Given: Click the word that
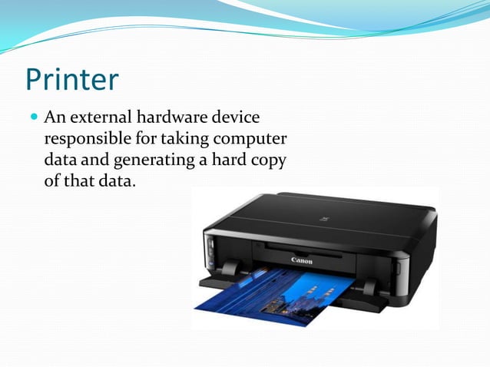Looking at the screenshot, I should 79,182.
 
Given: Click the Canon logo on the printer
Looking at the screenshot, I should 303,260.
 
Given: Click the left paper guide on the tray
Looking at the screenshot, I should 229,269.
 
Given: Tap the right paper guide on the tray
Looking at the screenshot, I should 371,287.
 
